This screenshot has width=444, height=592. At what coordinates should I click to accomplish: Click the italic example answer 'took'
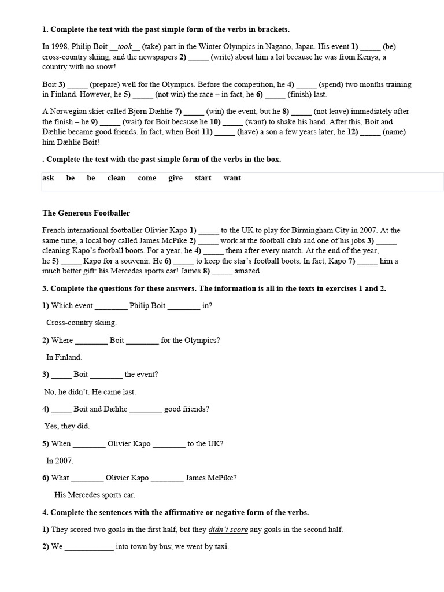point(125,47)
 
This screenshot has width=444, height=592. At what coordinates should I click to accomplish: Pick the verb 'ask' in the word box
point(48,178)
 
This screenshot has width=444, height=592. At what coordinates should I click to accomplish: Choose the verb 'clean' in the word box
point(116,178)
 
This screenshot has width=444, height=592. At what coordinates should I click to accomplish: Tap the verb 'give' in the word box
point(175,178)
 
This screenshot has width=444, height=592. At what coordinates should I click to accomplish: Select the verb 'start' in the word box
point(203,178)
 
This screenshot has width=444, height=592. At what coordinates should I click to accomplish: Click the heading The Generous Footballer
point(86,213)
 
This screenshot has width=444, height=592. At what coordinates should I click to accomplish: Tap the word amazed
point(248,271)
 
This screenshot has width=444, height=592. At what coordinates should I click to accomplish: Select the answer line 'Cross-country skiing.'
point(81,323)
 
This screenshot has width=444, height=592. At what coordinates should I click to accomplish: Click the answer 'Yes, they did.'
point(66,427)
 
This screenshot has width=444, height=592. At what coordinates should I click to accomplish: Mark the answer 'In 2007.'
point(60,461)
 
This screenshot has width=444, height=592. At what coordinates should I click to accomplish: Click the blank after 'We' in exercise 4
point(89,547)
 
